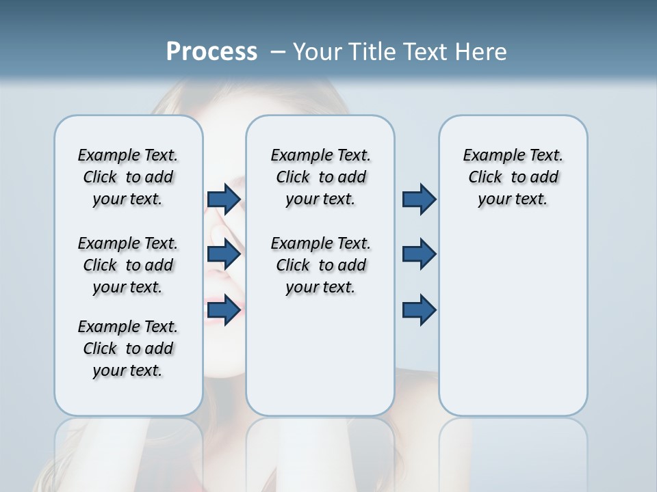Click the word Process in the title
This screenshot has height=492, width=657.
[x=211, y=52]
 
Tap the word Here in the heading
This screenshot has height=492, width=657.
[x=479, y=52]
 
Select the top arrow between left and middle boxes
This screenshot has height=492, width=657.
[x=224, y=199]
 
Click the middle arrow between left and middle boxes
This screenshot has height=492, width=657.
[x=224, y=254]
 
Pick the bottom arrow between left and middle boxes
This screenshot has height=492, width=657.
[x=224, y=310]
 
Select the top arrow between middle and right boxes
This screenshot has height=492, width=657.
[x=419, y=199]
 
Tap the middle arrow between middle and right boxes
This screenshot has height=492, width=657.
[x=419, y=254]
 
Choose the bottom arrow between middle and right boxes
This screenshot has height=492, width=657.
[x=419, y=310]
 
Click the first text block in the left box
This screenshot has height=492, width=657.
[x=128, y=177]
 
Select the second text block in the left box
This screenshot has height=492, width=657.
[x=128, y=265]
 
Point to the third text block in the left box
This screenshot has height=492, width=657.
[x=128, y=348]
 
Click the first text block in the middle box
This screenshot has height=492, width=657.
[x=320, y=177]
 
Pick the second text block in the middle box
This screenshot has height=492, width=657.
[x=320, y=265]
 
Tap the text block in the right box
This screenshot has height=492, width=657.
[x=513, y=177]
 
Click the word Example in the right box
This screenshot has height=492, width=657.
[x=489, y=156]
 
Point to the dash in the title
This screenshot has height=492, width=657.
[x=278, y=52]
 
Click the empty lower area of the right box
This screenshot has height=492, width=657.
[x=513, y=321]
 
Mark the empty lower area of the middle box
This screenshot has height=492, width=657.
[x=320, y=355]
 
